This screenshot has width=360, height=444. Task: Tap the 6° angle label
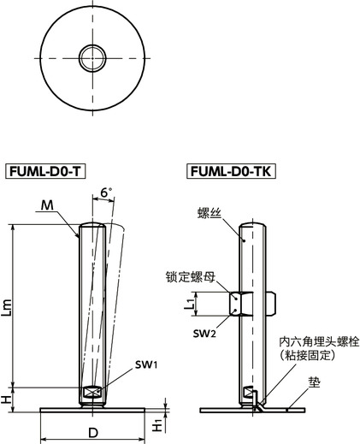(x=106, y=193)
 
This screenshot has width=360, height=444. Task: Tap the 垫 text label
(x=314, y=383)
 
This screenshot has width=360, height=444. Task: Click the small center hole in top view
(x=93, y=58)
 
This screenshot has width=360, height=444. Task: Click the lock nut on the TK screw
(x=242, y=303)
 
